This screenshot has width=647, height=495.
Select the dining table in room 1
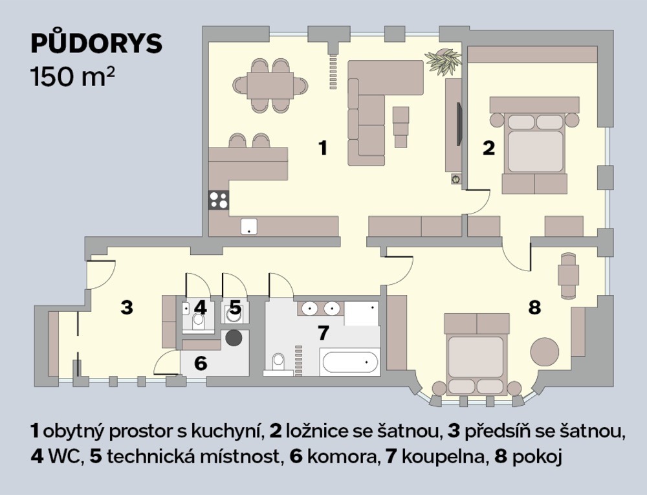(x=270, y=85)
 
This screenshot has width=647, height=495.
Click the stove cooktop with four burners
(x=219, y=201)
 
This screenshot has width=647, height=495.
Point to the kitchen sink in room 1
(x=249, y=226)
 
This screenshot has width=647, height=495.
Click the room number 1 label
(x=323, y=148)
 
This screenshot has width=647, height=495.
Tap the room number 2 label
(x=488, y=148)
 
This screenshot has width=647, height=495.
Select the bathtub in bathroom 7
(x=349, y=362)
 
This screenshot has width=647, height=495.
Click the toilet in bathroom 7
(x=278, y=363)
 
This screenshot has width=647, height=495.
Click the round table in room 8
(x=545, y=351)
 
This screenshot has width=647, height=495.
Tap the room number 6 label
(x=201, y=363)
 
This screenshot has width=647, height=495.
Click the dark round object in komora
(x=234, y=337)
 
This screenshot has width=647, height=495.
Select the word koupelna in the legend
(x=442, y=457)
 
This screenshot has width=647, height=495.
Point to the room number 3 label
(x=127, y=307)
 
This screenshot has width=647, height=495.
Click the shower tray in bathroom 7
(x=362, y=313)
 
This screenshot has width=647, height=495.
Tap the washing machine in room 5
(x=235, y=313)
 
